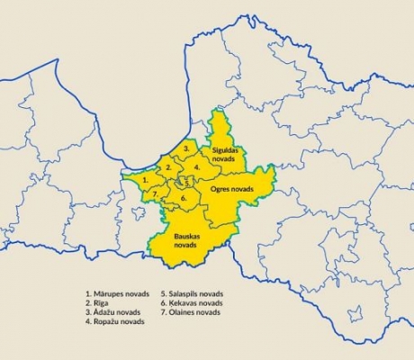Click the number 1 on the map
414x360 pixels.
146,181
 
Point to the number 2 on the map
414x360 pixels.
168,167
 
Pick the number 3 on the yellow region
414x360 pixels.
185,147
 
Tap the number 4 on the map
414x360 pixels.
197,166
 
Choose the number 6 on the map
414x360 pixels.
184,197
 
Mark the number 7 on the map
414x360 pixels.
156,193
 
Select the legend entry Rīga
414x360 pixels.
99,303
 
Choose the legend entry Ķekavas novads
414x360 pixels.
191,303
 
